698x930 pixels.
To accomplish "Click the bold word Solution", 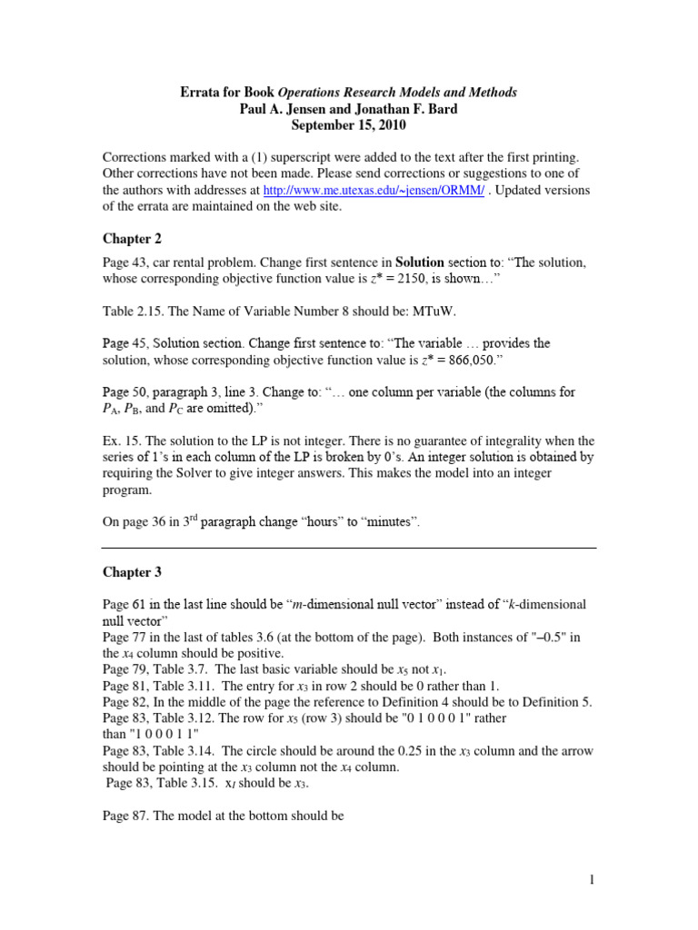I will click(x=414, y=263).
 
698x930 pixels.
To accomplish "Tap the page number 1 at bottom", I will click(x=591, y=879).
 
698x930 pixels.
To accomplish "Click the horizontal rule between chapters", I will click(x=348, y=549).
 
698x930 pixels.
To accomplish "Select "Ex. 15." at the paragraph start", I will click(x=121, y=441).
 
